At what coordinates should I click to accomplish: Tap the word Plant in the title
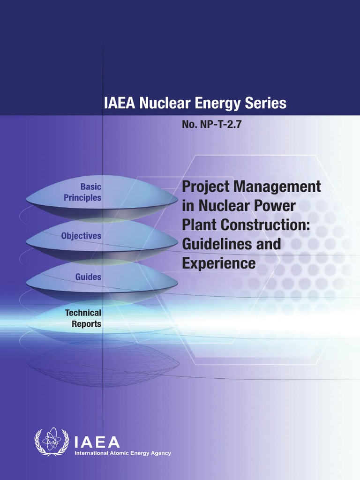coord(198,225)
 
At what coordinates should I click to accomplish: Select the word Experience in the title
coord(219,263)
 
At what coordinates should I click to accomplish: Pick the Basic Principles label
coord(83,192)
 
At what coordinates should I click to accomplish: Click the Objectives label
coord(81,236)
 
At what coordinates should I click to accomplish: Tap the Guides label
coord(88,277)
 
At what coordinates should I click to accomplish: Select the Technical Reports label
coord(83,318)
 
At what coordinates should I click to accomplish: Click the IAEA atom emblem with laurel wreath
coord(52,442)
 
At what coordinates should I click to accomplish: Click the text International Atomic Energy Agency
coord(123,453)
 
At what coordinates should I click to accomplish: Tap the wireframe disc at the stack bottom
coord(103,363)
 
